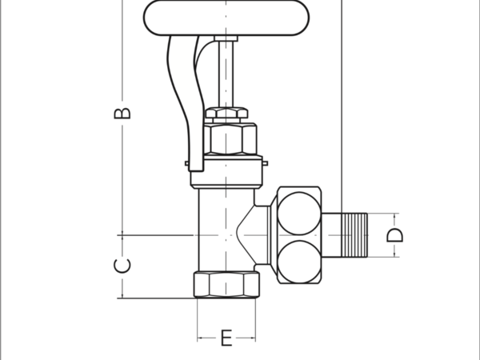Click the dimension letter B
pyautogui.click(x=122, y=114)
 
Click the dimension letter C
pyautogui.click(x=122, y=266)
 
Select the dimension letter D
pyautogui.click(x=394, y=235)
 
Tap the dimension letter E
pyautogui.click(x=226, y=338)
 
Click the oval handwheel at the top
pyautogui.click(x=226, y=18)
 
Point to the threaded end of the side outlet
pyautogui.click(x=354, y=235)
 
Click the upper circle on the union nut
pyautogui.click(x=299, y=214)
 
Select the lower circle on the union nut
pyautogui.click(x=299, y=262)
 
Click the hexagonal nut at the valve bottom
pyautogui.click(x=226, y=285)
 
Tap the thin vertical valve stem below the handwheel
pyautogui.click(x=226, y=74)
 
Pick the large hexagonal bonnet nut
pyautogui.click(x=230, y=138)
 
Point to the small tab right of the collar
pyautogui.click(x=265, y=163)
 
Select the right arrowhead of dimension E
pyautogui.click(x=252, y=338)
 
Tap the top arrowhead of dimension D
pyautogui.click(x=394, y=217)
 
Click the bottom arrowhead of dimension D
pyautogui.click(x=394, y=254)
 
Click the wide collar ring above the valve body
pyautogui.click(x=226, y=171)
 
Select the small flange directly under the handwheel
pyautogui.click(x=226, y=38)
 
